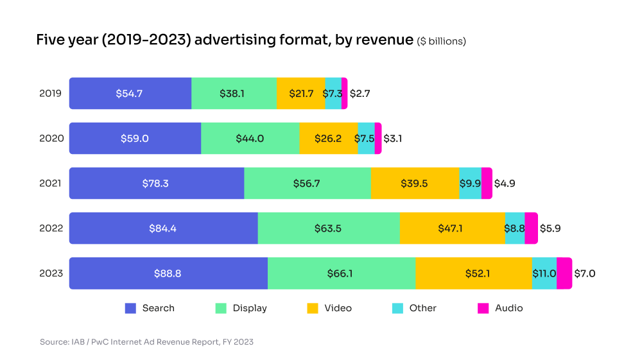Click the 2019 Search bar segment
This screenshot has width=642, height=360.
130,93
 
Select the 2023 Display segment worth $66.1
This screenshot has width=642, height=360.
341,273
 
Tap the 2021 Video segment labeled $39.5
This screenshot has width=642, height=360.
414,184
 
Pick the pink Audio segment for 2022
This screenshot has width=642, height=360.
531,228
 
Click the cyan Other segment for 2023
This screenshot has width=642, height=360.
544,273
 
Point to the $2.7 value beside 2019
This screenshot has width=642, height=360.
360,93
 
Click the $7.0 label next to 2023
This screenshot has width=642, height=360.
584,273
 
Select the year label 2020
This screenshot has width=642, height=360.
51,138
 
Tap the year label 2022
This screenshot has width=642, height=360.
51,228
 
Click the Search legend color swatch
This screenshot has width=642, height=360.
130,308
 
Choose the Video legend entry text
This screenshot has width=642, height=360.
338,308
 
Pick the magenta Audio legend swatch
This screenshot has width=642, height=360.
483,308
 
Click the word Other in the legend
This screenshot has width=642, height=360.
422,308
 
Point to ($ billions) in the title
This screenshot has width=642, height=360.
442,41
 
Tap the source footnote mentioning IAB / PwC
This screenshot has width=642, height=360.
146,342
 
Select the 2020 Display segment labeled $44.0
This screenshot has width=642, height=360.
250,138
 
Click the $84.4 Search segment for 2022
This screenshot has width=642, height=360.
163,228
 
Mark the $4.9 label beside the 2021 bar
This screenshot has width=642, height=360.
504,184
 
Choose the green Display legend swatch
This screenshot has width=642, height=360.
221,308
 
